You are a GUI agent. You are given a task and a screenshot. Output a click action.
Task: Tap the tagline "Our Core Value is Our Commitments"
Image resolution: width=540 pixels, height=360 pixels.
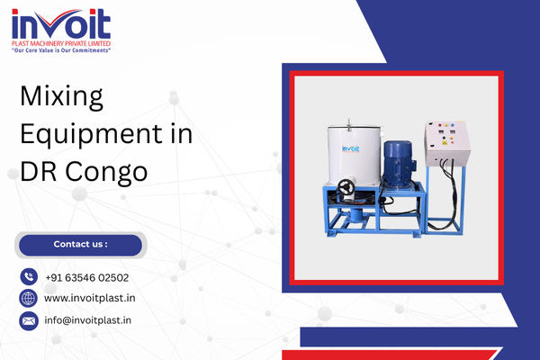pyautogui.click(x=60, y=50)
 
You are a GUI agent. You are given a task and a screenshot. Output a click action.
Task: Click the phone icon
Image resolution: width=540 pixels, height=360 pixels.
pyautogui.click(x=28, y=277)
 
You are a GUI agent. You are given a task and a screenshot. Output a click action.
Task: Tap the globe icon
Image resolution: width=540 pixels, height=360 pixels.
pyautogui.click(x=28, y=299)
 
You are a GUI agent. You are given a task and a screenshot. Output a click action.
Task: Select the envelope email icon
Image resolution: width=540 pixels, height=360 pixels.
pyautogui.click(x=28, y=319)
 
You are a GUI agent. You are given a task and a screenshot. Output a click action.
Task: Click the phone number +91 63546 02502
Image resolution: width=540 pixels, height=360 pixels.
pyautogui.click(x=86, y=278)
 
